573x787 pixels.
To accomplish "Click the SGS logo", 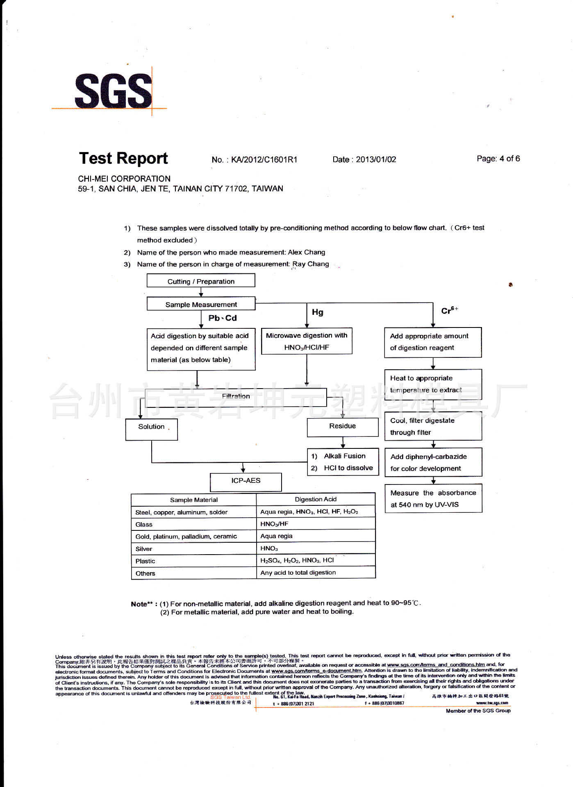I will pyautogui.click(x=114, y=91).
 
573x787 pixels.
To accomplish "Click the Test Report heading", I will pyautogui.click(x=123, y=158).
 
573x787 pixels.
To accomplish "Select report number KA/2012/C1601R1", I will pyautogui.click(x=264, y=159).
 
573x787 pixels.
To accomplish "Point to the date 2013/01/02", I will pyautogui.click(x=376, y=159).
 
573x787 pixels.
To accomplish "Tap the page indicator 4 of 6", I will pyautogui.click(x=509, y=159).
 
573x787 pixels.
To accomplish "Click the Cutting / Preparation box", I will pyautogui.click(x=201, y=281).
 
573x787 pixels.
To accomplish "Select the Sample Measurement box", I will pyautogui.click(x=201, y=304).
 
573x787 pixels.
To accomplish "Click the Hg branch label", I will pyautogui.click(x=318, y=312).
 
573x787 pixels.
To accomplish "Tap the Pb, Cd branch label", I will pyautogui.click(x=223, y=318).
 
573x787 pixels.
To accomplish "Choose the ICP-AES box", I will pyautogui.click(x=246, y=481).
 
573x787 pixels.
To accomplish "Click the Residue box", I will pyautogui.click(x=342, y=426).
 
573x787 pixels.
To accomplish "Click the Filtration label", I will pyautogui.click(x=236, y=396).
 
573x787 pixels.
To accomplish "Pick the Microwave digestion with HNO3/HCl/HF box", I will pyautogui.click(x=307, y=341).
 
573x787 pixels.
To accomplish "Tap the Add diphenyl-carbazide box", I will pyautogui.click(x=433, y=462).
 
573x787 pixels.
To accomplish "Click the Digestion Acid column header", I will pyautogui.click(x=316, y=499).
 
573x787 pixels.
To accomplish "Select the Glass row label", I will pyautogui.click(x=144, y=525).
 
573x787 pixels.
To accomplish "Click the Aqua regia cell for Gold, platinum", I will pyautogui.click(x=277, y=536).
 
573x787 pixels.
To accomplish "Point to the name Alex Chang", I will pyautogui.click(x=307, y=252).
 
